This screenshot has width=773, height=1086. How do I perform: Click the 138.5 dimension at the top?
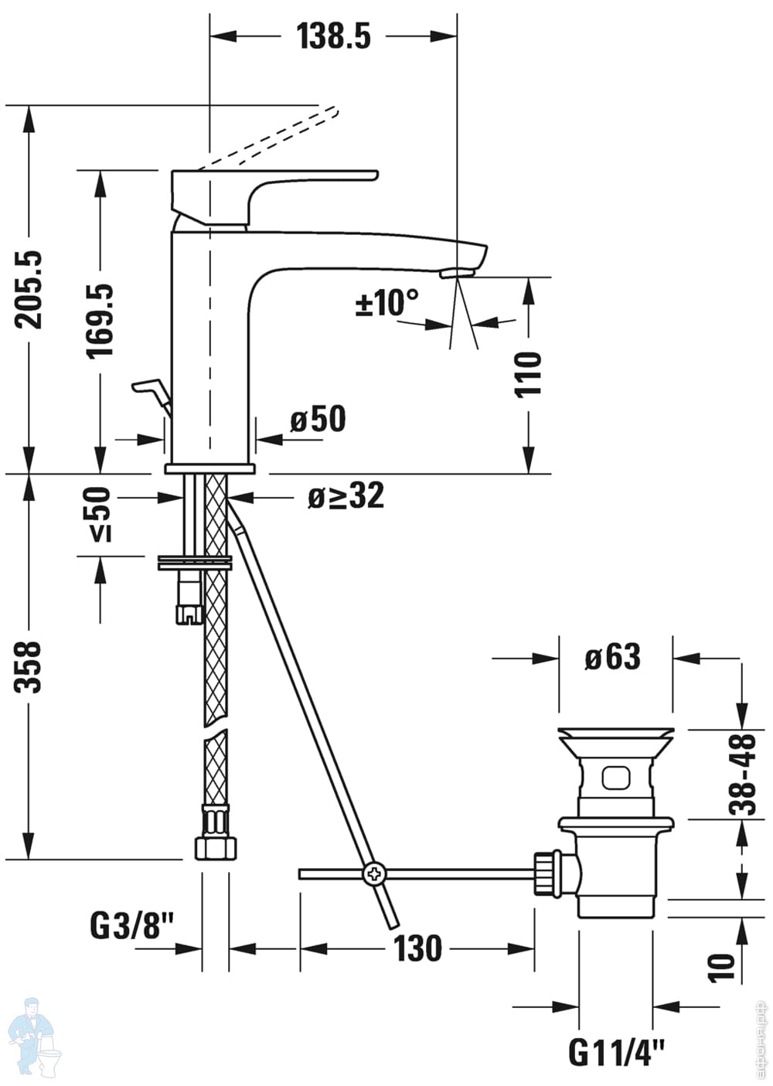click(x=334, y=36)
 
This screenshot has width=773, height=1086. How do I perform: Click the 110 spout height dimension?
click(x=530, y=374)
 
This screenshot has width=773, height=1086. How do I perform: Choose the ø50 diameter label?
click(x=318, y=420)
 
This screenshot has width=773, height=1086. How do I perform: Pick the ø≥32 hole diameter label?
click(x=346, y=496)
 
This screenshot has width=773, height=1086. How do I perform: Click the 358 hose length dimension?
click(x=31, y=666)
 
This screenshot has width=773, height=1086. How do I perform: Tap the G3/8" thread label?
click(x=132, y=924)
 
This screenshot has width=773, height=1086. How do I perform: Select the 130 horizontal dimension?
click(x=417, y=948)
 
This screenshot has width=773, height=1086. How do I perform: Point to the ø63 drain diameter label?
click(x=613, y=658)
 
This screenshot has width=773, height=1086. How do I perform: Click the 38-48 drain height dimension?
click(x=744, y=775)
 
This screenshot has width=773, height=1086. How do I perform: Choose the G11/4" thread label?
click(x=617, y=1052)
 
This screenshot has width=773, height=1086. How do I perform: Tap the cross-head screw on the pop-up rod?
click(x=374, y=874)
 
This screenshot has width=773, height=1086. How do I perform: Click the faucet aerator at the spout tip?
click(x=456, y=273)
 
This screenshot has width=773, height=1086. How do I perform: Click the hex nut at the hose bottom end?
click(x=214, y=846)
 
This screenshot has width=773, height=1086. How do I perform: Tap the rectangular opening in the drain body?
click(x=617, y=777)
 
